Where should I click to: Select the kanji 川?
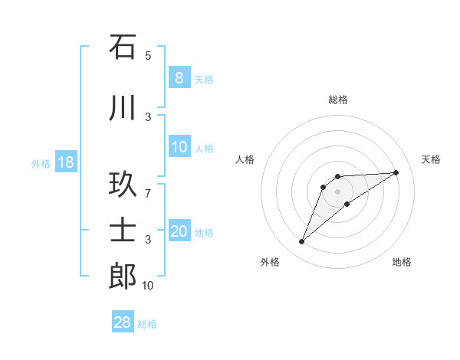123,108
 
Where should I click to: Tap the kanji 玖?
123,185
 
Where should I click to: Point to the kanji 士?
123,231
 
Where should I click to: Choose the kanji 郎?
123,277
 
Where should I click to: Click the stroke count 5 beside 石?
148,56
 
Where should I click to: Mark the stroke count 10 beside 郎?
148,286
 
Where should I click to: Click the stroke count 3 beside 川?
148,117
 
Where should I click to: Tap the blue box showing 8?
179,77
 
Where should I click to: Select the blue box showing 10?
179,148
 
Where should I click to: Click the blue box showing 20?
179,231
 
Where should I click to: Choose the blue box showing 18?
66,162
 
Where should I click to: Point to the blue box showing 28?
123,322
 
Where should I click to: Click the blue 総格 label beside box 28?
147,324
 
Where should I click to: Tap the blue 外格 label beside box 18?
41,164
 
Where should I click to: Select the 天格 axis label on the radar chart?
431,159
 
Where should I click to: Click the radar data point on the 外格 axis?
302,242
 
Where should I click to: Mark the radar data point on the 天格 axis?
396,172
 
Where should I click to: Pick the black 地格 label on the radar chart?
402,263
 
